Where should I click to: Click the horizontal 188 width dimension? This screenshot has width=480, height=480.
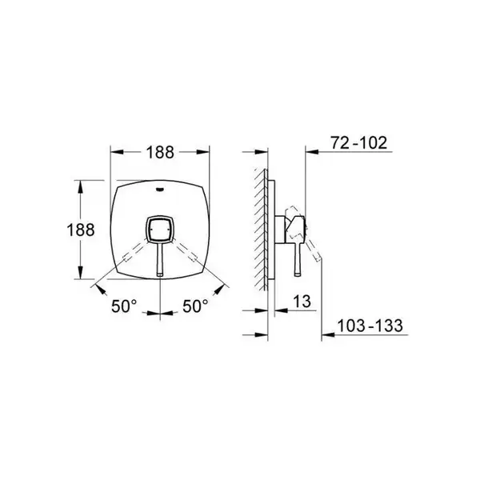[160, 152]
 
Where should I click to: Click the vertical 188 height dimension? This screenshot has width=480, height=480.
[81, 230]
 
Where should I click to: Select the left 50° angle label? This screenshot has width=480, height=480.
[124, 306]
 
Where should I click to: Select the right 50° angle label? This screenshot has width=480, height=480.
[195, 306]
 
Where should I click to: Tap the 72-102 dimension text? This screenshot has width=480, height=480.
[358, 142]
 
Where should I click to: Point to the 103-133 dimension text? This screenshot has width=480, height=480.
[370, 326]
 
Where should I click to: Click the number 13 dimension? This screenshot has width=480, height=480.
[302, 302]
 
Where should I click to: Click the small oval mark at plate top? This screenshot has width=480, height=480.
[159, 189]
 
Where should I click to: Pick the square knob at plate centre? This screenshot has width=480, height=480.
[159, 229]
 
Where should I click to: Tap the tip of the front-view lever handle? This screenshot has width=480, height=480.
[160, 274]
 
